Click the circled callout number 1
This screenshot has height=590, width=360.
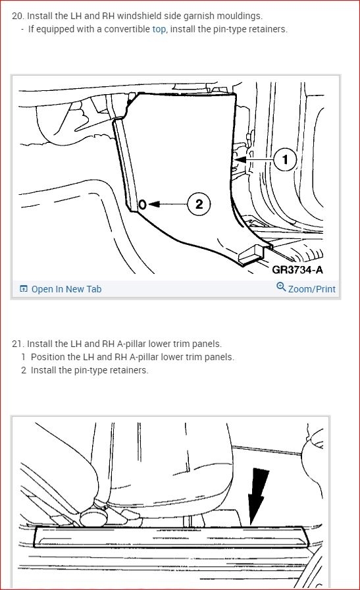285,159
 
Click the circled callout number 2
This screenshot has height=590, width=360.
199,204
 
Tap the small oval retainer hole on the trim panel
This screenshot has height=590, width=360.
142,204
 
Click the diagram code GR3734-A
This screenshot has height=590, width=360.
297,269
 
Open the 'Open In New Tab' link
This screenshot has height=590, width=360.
66,289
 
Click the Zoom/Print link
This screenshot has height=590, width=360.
311,289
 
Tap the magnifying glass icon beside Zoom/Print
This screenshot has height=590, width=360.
281,287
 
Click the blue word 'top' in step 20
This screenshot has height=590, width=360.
159,30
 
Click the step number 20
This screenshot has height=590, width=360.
18,16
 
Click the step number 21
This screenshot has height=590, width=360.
18,344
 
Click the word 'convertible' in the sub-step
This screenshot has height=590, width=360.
127,30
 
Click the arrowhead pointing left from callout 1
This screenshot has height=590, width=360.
240,159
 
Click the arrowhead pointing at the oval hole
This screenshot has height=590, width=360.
154,204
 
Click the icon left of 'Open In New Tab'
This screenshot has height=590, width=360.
23,289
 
